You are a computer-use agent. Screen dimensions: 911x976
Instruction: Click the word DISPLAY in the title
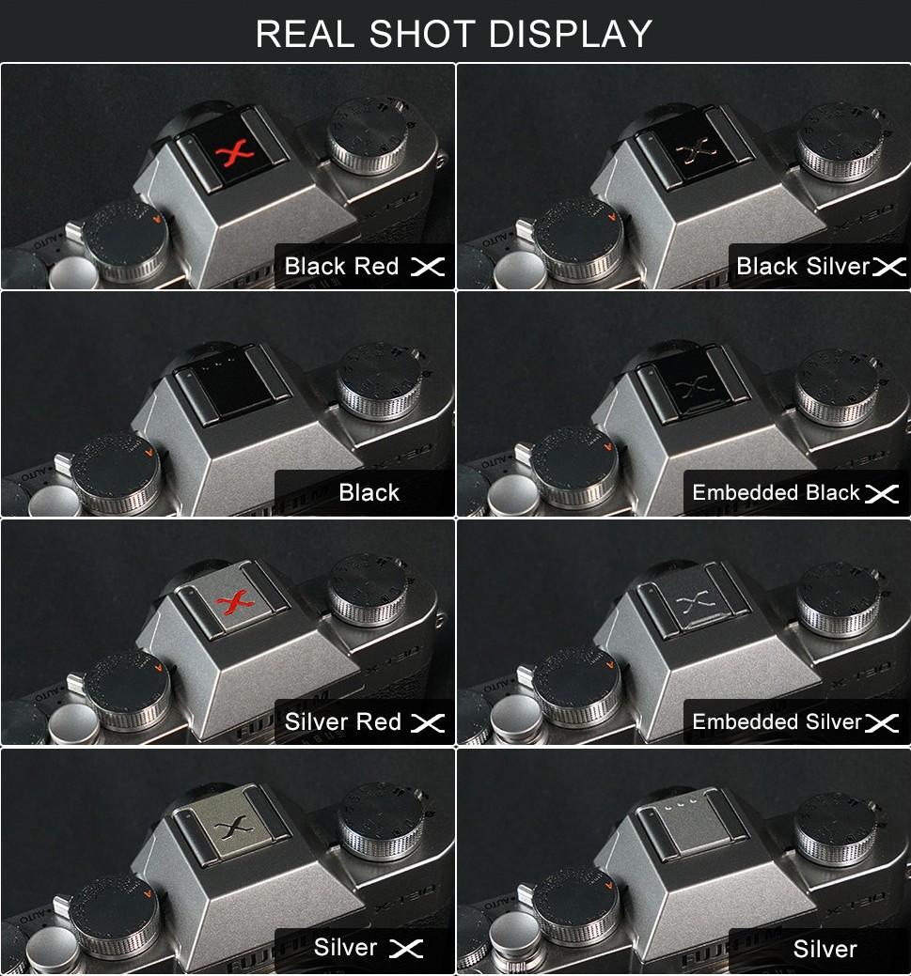[x=571, y=34]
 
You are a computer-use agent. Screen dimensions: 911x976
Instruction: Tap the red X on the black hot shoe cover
[x=234, y=154]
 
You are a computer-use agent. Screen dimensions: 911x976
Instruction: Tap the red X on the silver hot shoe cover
[x=235, y=602]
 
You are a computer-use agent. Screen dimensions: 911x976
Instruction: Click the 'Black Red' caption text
[x=341, y=267]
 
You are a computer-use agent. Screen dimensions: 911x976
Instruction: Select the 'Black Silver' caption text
[x=803, y=267]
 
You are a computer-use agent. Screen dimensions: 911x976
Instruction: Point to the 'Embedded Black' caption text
[x=776, y=493]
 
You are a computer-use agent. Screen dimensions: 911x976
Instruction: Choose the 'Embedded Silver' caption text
[x=777, y=722]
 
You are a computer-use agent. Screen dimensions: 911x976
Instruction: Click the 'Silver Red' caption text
[x=343, y=722]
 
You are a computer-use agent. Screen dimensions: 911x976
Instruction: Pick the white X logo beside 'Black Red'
[x=428, y=267]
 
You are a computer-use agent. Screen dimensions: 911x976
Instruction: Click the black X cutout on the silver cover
[x=234, y=828]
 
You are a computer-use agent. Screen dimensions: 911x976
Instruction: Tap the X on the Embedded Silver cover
[x=697, y=603]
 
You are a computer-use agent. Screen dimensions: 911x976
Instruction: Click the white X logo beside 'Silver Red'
[x=428, y=722]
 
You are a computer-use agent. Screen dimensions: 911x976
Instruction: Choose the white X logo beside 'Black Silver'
[x=889, y=267]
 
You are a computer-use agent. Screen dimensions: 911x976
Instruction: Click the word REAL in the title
[x=305, y=34]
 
